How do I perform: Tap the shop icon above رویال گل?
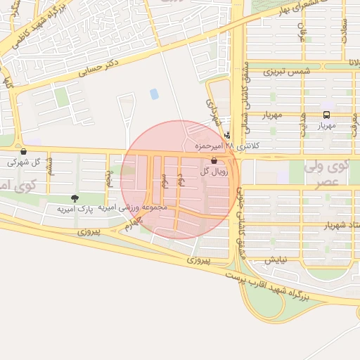[x=213, y=162]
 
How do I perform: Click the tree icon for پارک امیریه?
[x=75, y=198]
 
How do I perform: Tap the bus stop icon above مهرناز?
[x=326, y=115]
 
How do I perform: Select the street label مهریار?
[x=271, y=115]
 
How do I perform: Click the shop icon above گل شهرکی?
[x=24, y=151]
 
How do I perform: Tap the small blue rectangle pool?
[x=154, y=94]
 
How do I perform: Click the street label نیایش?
[x=275, y=259]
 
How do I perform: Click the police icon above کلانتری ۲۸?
[x=226, y=136]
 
